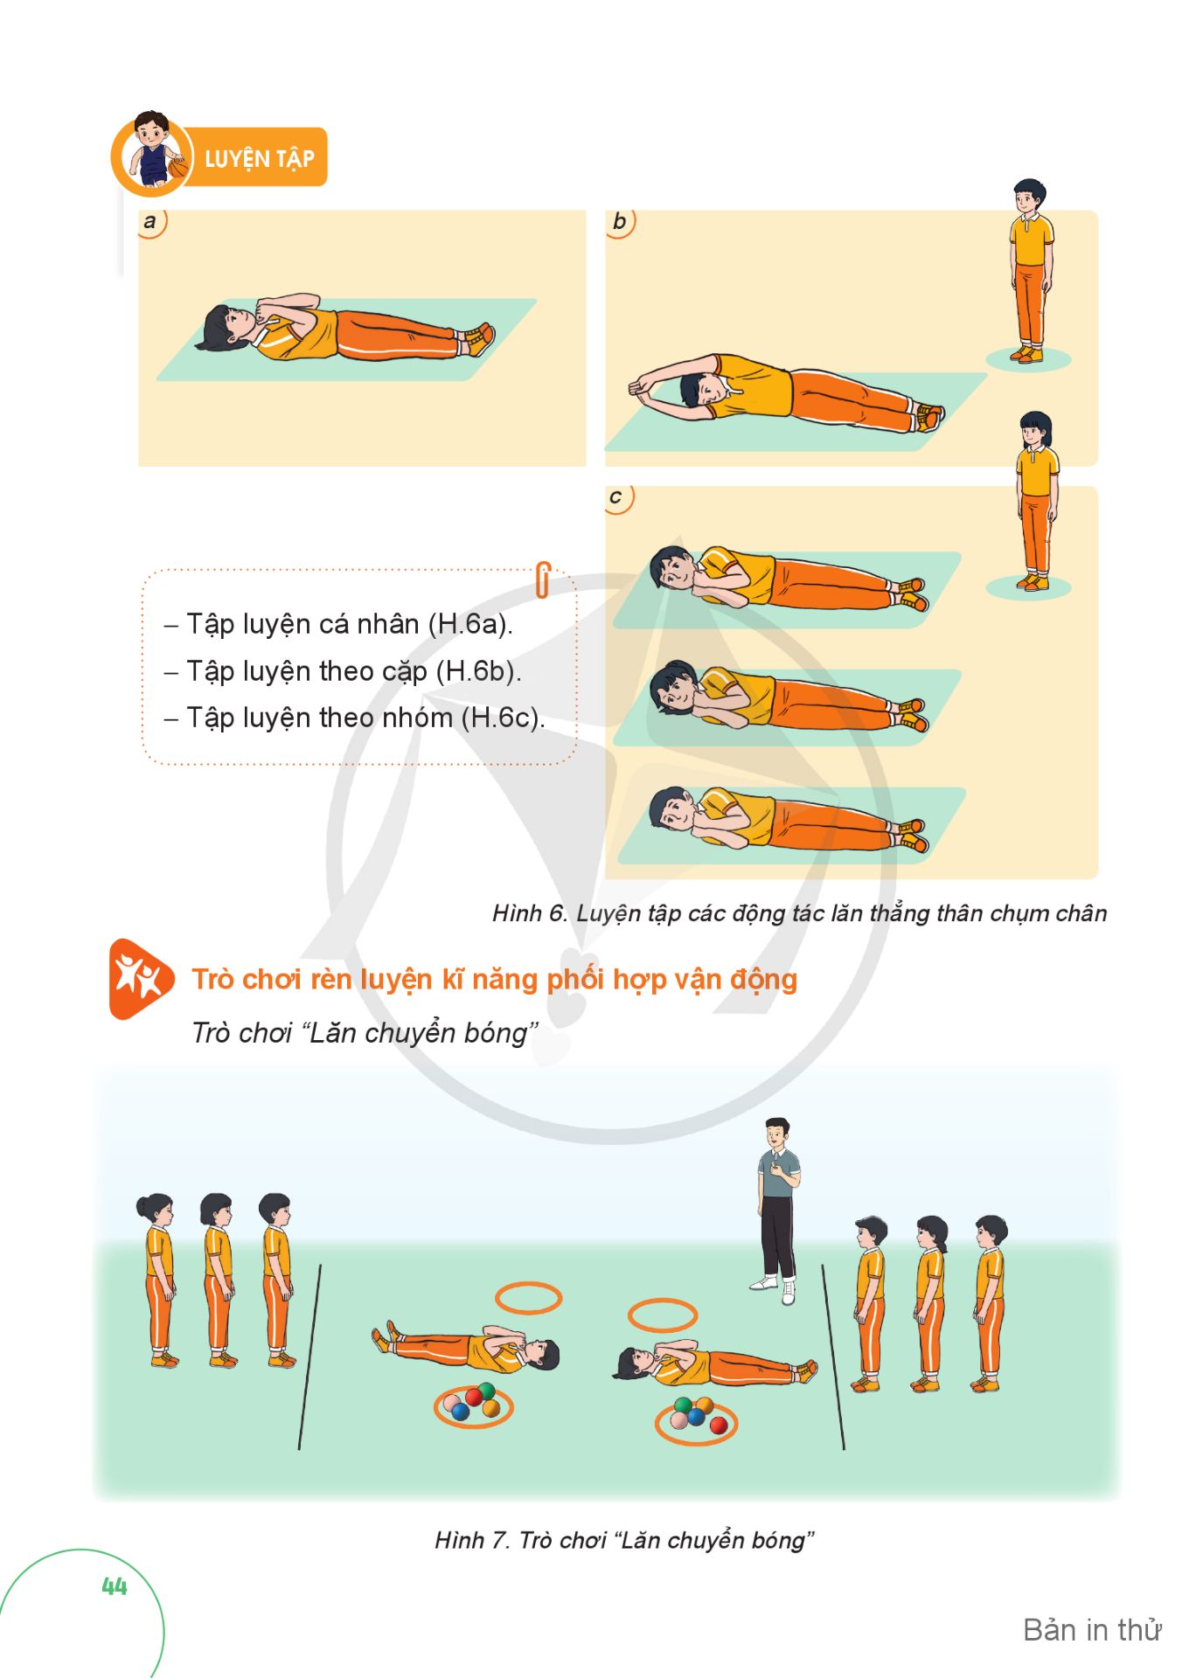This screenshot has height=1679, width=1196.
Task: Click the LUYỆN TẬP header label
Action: point(259,158)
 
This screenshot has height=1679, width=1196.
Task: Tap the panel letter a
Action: point(149,221)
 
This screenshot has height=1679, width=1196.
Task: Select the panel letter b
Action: point(619,221)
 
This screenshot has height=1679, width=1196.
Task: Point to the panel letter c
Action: point(615,497)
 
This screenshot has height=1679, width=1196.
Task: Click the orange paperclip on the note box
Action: point(543,579)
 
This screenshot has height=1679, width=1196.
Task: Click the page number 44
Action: point(115,1586)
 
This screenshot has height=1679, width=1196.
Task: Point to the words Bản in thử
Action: point(1092,1630)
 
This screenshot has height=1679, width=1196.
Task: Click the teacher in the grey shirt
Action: point(777,1211)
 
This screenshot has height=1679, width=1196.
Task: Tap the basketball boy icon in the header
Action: point(152,152)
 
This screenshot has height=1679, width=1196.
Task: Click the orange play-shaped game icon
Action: point(140,979)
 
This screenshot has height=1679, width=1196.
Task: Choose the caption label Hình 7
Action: point(472,1540)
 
